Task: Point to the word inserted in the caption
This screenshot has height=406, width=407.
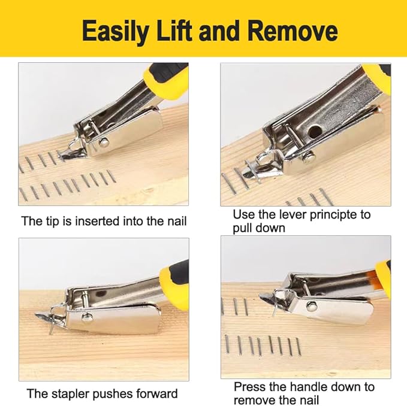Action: tap(104, 221)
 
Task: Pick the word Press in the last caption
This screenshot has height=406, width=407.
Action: tap(249, 387)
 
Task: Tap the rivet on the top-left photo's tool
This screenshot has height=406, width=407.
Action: tap(104, 142)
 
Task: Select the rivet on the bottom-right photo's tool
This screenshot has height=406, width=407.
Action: tap(312, 305)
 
